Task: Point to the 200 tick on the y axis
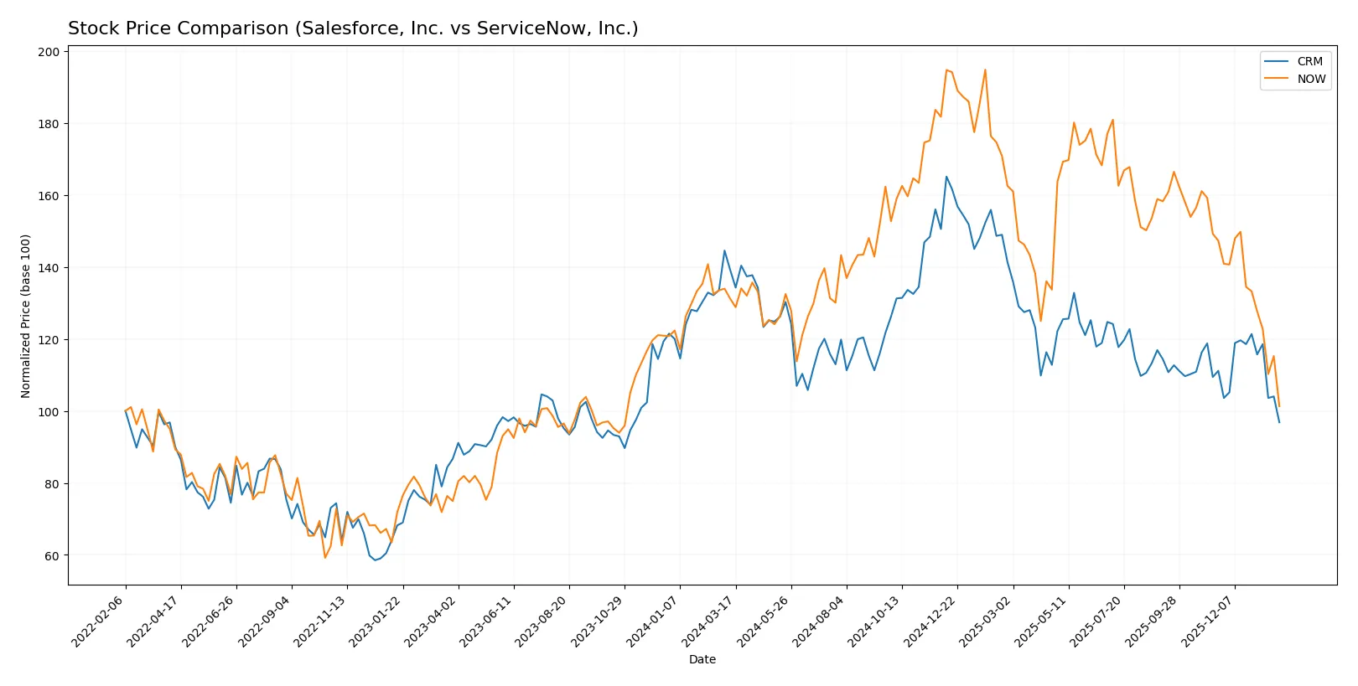tap(49, 52)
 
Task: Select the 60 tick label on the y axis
tap(52, 556)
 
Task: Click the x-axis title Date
tap(702, 660)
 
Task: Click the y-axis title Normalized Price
tap(26, 316)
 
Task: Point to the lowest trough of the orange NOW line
tap(325, 558)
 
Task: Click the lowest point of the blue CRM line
tap(375, 560)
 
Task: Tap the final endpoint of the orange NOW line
tap(1279, 407)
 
